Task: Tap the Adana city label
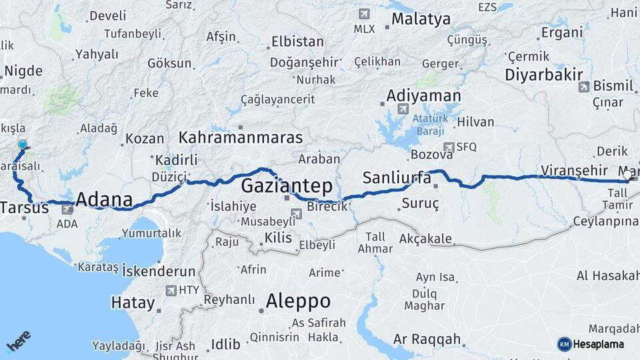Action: (104, 199)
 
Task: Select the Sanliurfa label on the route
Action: (397, 178)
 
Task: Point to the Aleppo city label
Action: (298, 301)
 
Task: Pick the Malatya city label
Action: (421, 19)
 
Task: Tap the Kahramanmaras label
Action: (241, 138)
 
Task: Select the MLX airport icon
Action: (364, 13)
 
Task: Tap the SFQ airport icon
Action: (449, 147)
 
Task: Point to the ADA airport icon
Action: (67, 209)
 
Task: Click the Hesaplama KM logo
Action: (564, 344)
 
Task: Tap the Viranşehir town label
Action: (575, 171)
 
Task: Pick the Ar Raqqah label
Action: (427, 339)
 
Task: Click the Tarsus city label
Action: (25, 207)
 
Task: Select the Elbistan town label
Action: (297, 41)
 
